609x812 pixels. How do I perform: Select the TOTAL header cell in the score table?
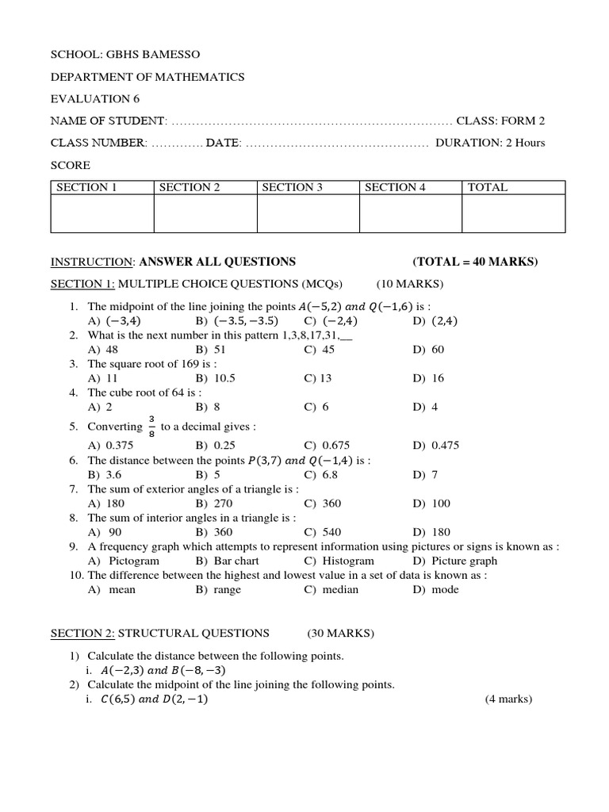pyautogui.click(x=488, y=188)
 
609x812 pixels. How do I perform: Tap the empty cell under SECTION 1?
pyautogui.click(x=101, y=214)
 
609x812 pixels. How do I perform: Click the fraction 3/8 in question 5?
pyautogui.click(x=151, y=426)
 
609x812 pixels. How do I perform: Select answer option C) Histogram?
pyautogui.click(x=332, y=561)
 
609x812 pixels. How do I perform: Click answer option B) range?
pyautogui.click(x=218, y=590)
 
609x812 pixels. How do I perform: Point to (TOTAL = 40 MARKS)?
pyautogui.click(x=475, y=262)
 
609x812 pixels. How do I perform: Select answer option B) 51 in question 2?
pyautogui.click(x=210, y=350)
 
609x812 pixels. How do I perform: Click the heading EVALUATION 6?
pyautogui.click(x=90, y=99)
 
